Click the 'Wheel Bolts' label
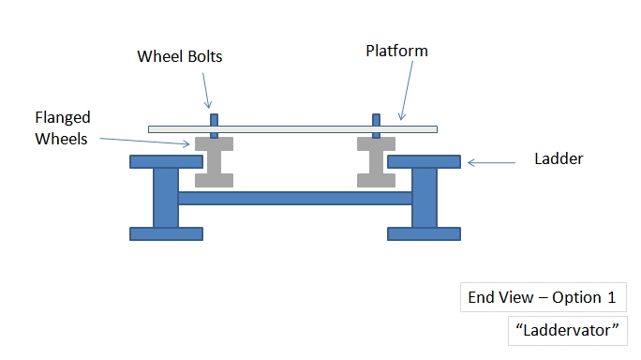pos(179,57)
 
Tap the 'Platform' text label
pos(396,51)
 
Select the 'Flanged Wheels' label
pos(62,128)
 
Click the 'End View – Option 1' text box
pos(542,298)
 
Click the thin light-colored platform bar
pos(292,128)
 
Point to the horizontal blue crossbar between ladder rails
pos(294,198)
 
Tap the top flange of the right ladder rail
pos(424,162)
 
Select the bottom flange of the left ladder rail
pos(166,233)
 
